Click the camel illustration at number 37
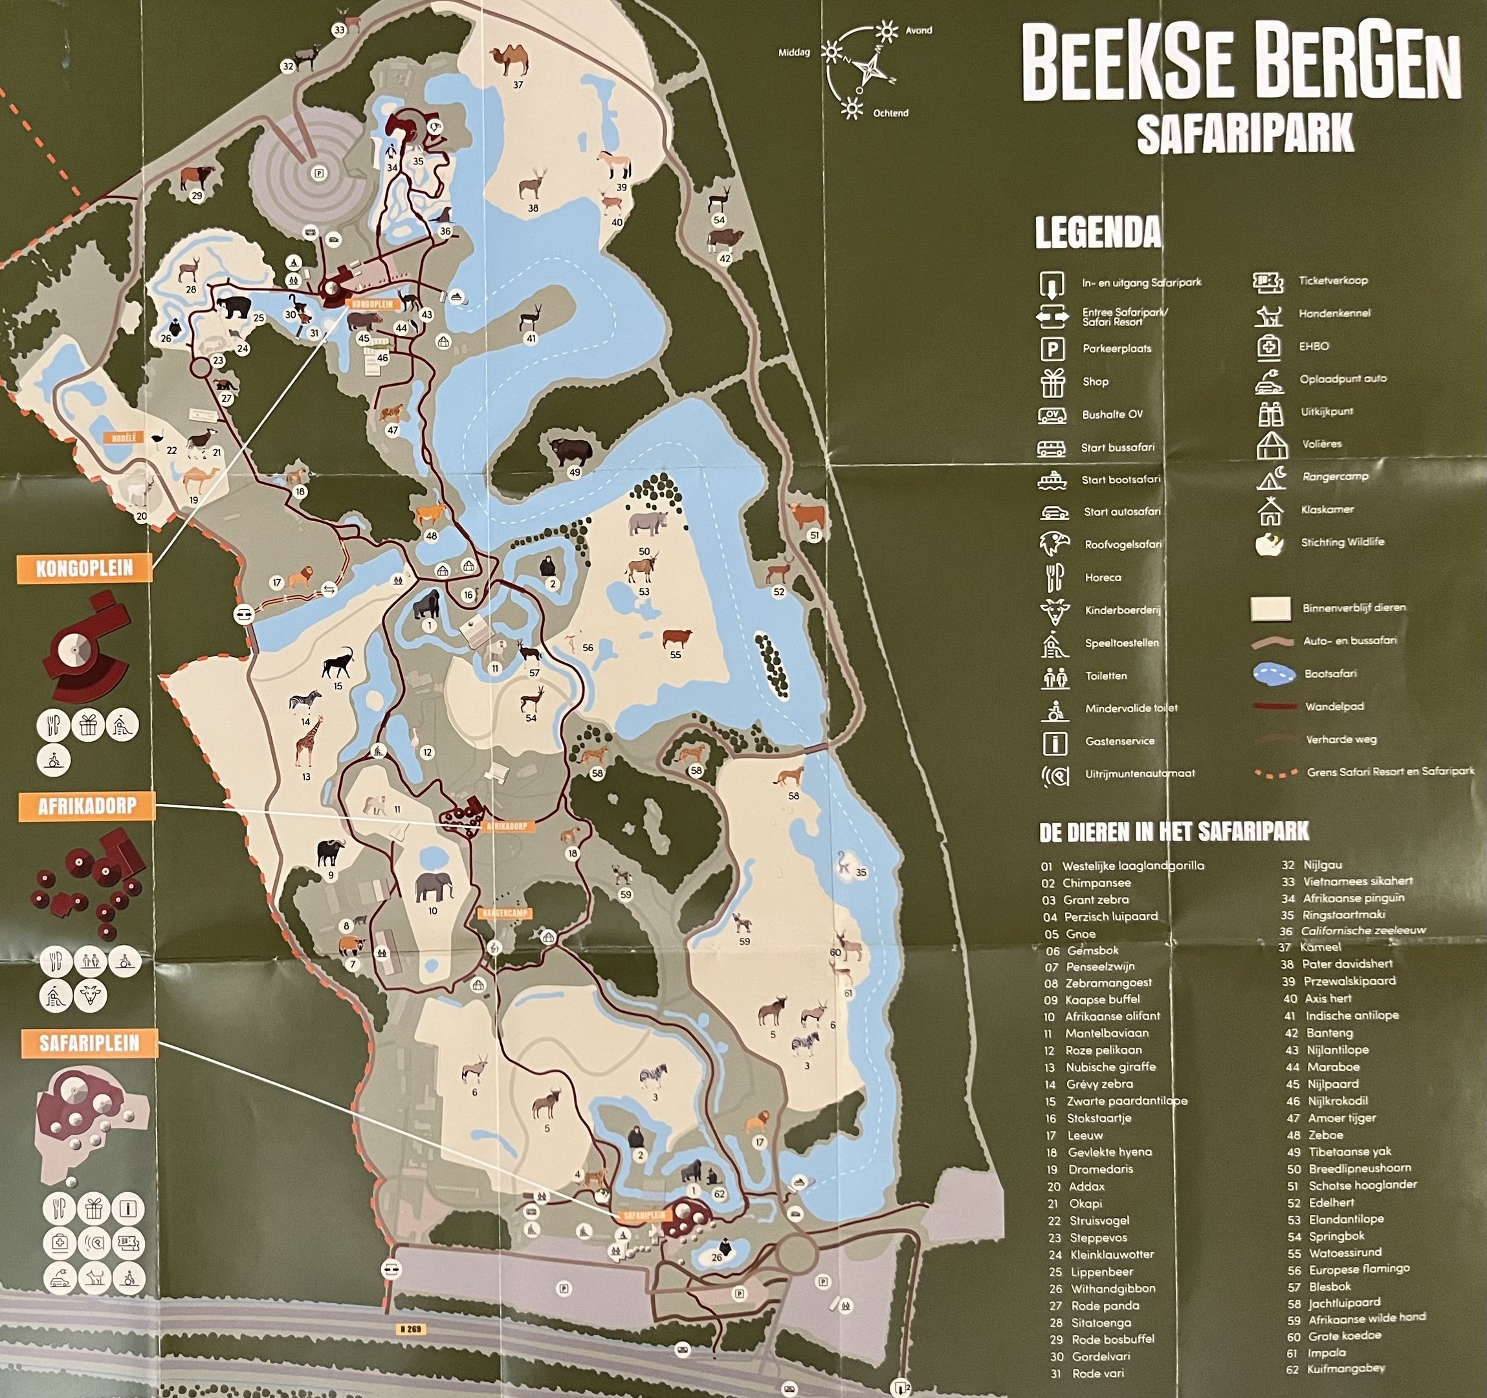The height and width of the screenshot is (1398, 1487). [509, 60]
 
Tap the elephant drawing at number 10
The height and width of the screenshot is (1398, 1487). [434, 887]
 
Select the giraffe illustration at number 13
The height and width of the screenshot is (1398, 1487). [307, 740]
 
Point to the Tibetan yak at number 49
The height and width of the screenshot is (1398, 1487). [570, 451]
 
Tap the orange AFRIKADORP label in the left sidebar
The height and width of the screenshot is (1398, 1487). [87, 806]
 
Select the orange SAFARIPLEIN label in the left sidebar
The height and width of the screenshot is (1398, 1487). [89, 1043]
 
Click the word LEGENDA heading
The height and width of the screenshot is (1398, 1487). [1097, 232]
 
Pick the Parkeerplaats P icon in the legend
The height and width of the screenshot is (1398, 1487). [1052, 349]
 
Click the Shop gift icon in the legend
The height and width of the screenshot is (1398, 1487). [1052, 383]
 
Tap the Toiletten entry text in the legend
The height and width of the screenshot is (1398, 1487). [1105, 676]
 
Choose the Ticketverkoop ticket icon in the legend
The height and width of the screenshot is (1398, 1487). [1268, 282]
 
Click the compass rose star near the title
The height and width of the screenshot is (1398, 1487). [870, 71]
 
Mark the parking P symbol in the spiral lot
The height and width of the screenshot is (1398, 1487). [320, 173]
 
